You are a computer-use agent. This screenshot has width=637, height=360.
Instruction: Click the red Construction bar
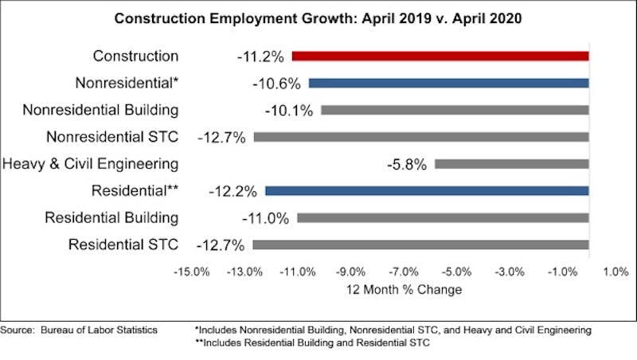[440, 57]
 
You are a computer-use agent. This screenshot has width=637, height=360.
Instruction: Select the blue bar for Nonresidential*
[448, 83]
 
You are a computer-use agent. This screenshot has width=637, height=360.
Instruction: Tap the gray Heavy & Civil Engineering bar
[511, 164]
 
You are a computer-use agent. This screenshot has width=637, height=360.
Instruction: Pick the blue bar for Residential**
[427, 191]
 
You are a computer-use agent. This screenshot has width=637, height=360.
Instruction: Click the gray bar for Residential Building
[443, 217]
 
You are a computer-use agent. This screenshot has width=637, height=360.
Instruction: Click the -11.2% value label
[263, 57]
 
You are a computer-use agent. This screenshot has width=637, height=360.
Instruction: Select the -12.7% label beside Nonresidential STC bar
[224, 137]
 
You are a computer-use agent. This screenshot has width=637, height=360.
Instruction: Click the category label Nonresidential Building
[100, 110]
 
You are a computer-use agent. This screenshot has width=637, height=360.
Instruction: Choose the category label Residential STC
[123, 245]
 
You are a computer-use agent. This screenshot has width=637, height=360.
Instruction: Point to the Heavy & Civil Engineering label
[90, 164]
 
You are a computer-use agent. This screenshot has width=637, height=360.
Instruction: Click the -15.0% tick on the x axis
[192, 272]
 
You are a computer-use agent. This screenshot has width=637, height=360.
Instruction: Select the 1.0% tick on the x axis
[616, 272]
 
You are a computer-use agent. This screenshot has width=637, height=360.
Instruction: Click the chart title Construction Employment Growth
[318, 18]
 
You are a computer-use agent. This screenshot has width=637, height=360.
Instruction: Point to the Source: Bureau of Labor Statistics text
[79, 330]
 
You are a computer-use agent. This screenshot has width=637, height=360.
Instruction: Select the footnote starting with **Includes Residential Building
[316, 343]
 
